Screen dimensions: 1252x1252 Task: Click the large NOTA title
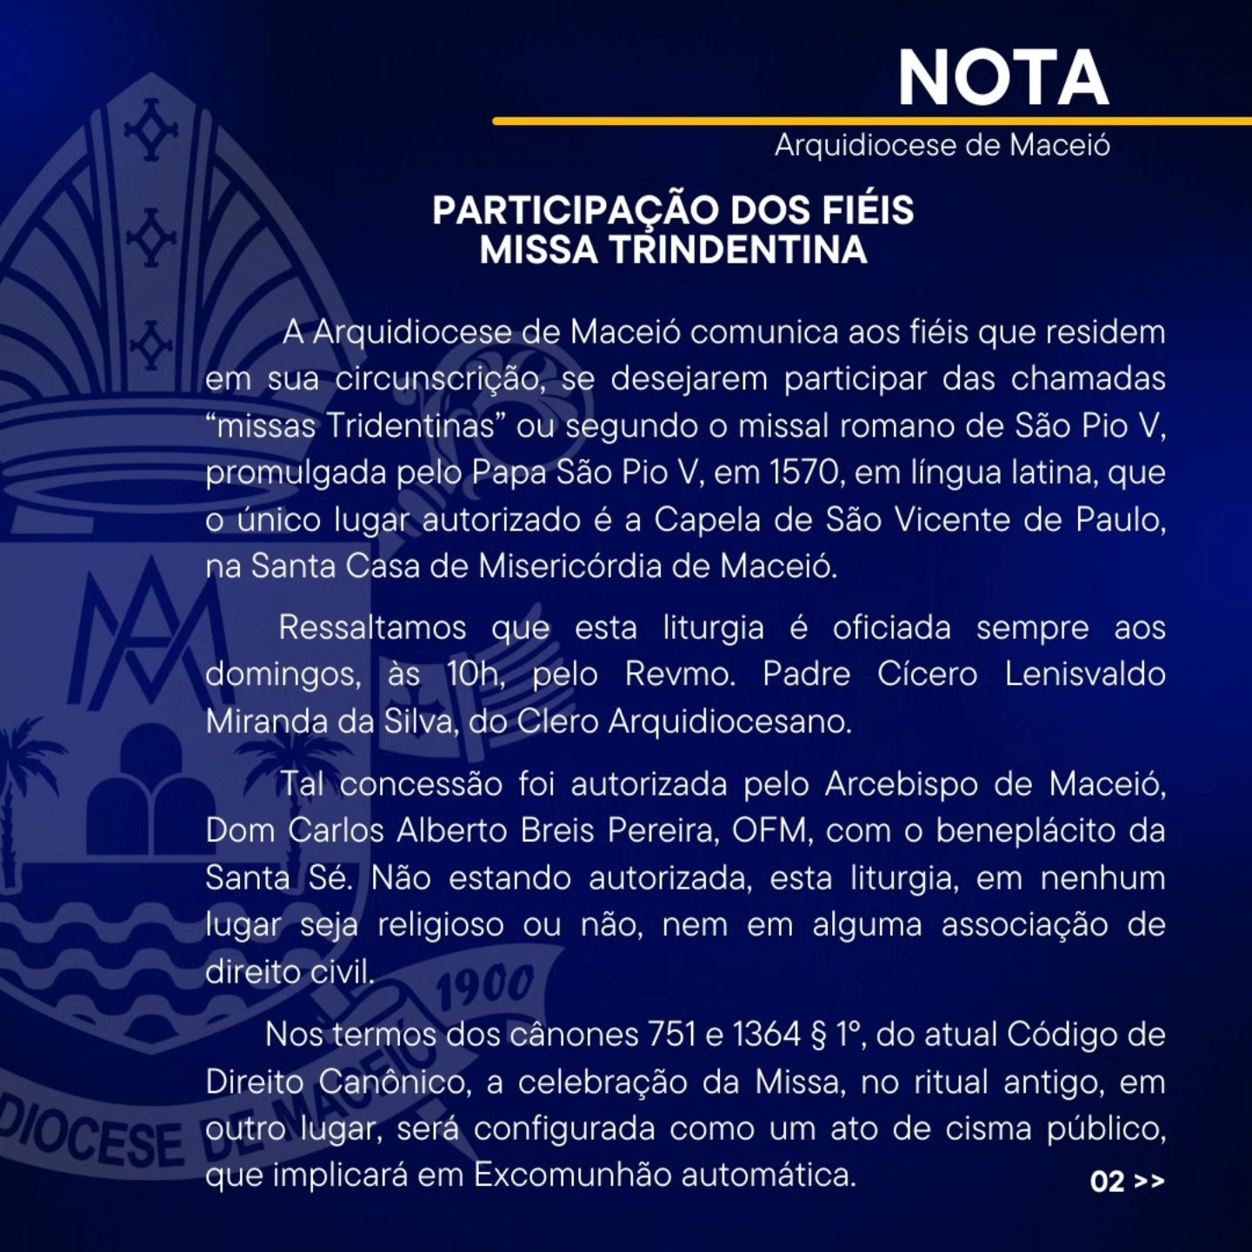coord(1002,77)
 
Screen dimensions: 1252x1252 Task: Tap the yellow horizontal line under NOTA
coord(869,121)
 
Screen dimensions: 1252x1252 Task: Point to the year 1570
coord(804,472)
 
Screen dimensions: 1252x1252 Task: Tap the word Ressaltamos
coord(372,628)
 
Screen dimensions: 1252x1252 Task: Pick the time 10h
coord(475,675)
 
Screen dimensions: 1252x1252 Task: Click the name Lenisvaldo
coord(1084,675)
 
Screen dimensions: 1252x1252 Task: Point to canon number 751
coord(671,1035)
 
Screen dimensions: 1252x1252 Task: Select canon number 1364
coord(766,1035)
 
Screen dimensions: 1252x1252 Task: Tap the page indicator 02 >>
coord(1127,1181)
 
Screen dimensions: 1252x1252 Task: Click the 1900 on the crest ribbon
coord(484,987)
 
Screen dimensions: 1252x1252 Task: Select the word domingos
coord(283,675)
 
